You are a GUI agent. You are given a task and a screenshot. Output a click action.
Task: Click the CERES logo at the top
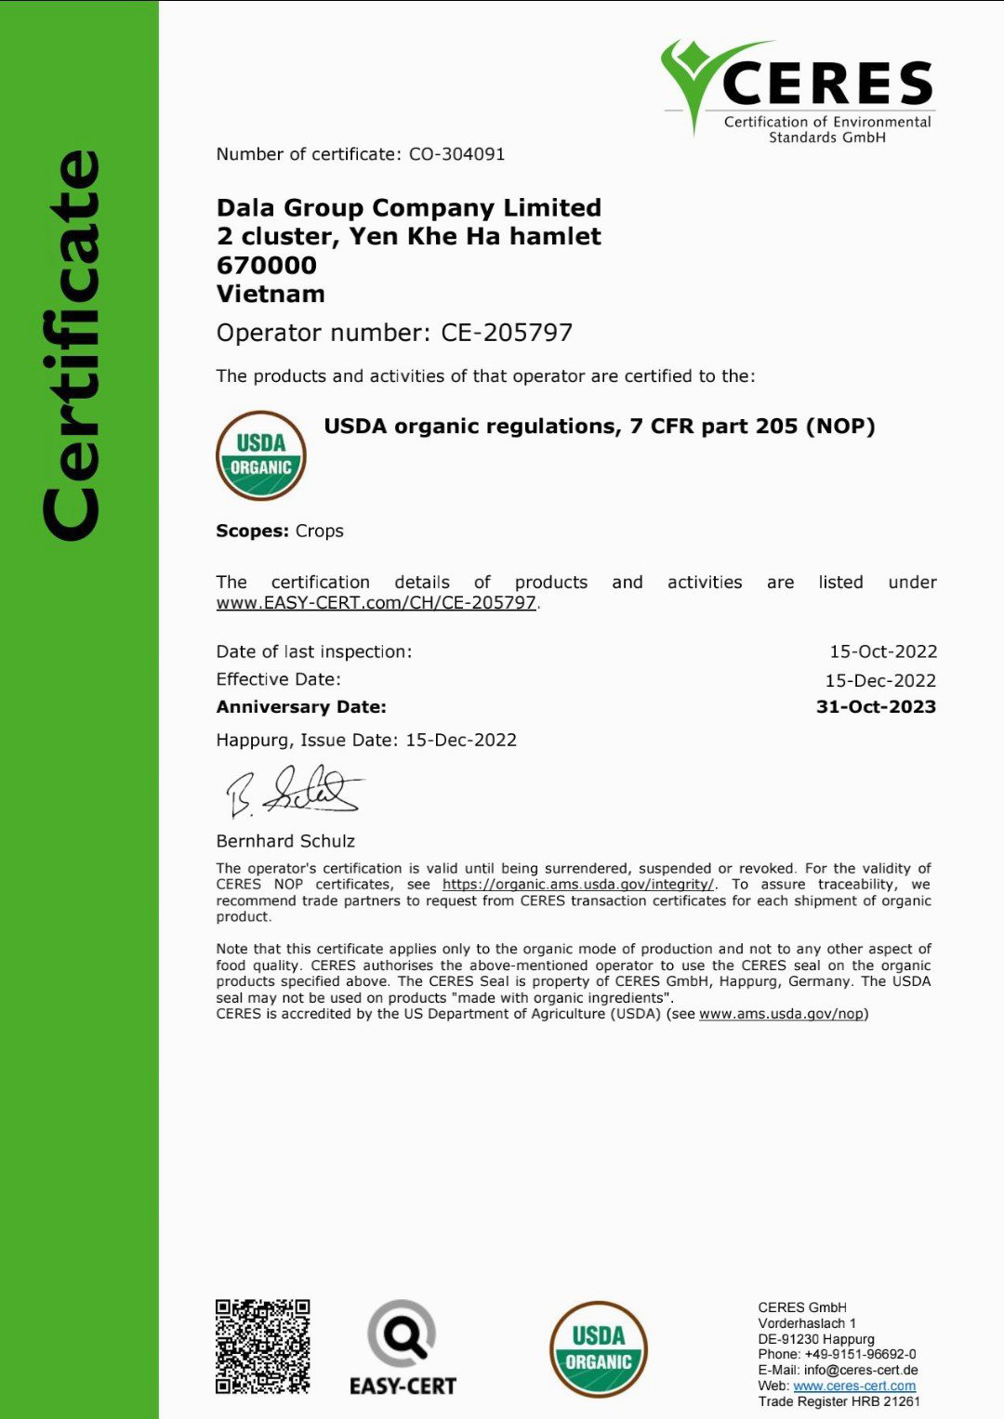point(798,90)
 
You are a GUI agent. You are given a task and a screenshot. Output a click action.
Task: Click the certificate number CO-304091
point(456,154)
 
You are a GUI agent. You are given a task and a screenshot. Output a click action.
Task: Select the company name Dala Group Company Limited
point(408,207)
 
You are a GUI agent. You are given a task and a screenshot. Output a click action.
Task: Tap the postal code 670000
point(267,265)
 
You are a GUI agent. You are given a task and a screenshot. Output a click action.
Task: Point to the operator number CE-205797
point(507,333)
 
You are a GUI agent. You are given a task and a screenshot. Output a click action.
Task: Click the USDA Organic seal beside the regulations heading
point(261,455)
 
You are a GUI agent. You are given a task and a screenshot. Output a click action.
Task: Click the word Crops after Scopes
point(319,531)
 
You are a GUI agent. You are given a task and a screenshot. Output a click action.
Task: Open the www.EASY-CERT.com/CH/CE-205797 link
point(376,602)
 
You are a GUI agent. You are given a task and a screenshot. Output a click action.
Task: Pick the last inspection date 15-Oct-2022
point(882,651)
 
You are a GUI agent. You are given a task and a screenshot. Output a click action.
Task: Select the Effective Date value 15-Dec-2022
point(879,680)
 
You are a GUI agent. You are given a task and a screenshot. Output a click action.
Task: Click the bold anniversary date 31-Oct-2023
point(875,707)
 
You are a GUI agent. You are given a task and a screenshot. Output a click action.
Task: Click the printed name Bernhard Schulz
point(285,841)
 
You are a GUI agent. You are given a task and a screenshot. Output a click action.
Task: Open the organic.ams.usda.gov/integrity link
point(577,885)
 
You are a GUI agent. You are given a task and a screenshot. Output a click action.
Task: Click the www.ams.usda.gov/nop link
point(781,1014)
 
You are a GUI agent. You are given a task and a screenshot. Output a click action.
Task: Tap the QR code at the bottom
point(263,1347)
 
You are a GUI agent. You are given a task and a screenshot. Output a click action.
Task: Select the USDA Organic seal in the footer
point(598,1349)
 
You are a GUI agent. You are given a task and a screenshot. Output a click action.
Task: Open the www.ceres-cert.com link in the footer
point(853,1386)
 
